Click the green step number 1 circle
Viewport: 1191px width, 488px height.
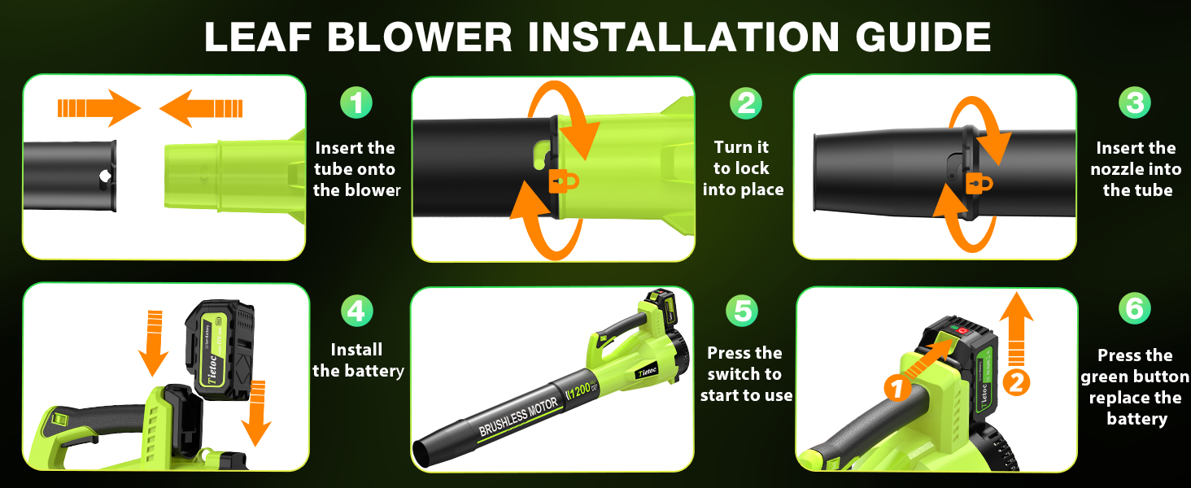356,103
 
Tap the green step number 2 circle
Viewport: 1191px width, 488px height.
745,103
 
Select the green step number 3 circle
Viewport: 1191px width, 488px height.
1135,103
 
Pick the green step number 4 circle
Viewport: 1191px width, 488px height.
356,311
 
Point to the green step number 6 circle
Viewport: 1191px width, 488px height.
1135,309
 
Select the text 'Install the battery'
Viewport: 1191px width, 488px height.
358,360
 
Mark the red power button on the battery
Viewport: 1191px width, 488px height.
962,331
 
